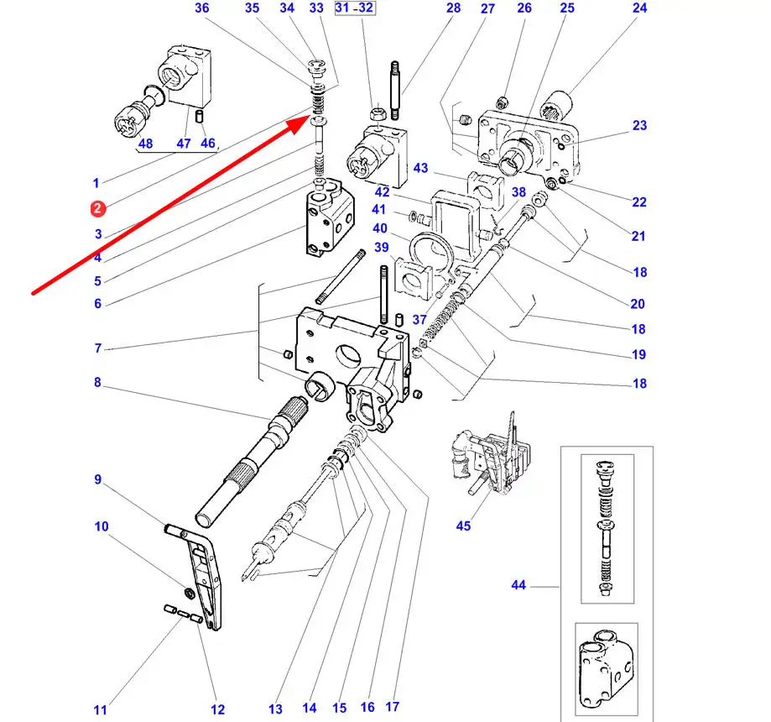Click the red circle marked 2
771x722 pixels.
97,208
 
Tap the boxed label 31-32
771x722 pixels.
355,8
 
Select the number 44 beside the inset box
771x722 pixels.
518,584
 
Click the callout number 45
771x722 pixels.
463,526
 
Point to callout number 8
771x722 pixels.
97,383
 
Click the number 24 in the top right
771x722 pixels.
640,8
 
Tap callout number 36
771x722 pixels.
201,8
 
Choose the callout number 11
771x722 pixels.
101,710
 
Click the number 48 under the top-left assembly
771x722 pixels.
145,144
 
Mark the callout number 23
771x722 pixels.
640,126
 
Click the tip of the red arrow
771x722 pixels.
308,118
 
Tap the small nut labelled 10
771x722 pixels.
190,594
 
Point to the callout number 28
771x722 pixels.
453,8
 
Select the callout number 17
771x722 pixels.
393,708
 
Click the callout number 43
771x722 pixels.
420,169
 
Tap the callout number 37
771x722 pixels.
420,320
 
